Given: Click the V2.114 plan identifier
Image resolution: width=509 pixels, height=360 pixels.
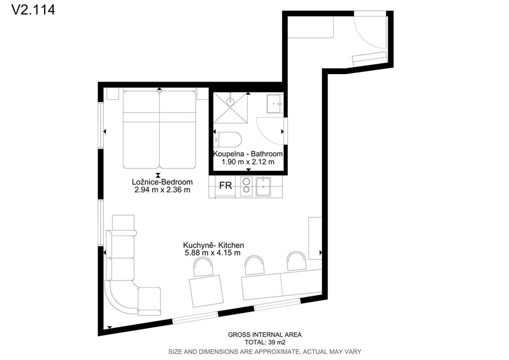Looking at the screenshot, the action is pyautogui.click(x=33, y=10).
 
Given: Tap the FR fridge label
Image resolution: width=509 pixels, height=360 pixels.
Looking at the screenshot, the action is pyautogui.click(x=226, y=185).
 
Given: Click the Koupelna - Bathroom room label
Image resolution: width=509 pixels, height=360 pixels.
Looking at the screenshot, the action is pyautogui.click(x=248, y=154).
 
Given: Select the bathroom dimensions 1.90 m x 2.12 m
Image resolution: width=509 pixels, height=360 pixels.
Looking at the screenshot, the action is pyautogui.click(x=248, y=162).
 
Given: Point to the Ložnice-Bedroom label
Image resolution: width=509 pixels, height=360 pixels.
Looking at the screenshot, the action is pyautogui.click(x=163, y=182).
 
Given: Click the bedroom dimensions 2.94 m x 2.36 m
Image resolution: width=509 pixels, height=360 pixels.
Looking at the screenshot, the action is pyautogui.click(x=163, y=190).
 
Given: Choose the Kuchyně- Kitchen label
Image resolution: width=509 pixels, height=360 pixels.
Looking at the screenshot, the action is pyautogui.click(x=213, y=245).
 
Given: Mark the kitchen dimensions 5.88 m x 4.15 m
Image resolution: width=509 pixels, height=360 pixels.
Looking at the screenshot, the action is pyautogui.click(x=213, y=253).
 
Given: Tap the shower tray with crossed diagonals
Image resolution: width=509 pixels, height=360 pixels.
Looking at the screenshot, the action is pyautogui.click(x=230, y=108).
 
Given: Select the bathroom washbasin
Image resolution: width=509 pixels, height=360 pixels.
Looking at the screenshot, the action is pyautogui.click(x=275, y=103).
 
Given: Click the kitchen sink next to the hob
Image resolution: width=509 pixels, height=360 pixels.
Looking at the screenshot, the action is pyautogui.click(x=263, y=186).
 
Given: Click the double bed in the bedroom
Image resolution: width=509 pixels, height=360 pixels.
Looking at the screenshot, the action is pyautogui.click(x=160, y=129).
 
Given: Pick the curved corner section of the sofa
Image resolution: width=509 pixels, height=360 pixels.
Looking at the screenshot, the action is pyautogui.click(x=122, y=298).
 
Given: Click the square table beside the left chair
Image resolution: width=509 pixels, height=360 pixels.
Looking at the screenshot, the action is pyautogui.click(x=206, y=291).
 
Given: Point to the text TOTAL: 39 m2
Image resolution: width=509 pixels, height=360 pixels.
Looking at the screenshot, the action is pyautogui.click(x=265, y=342).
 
